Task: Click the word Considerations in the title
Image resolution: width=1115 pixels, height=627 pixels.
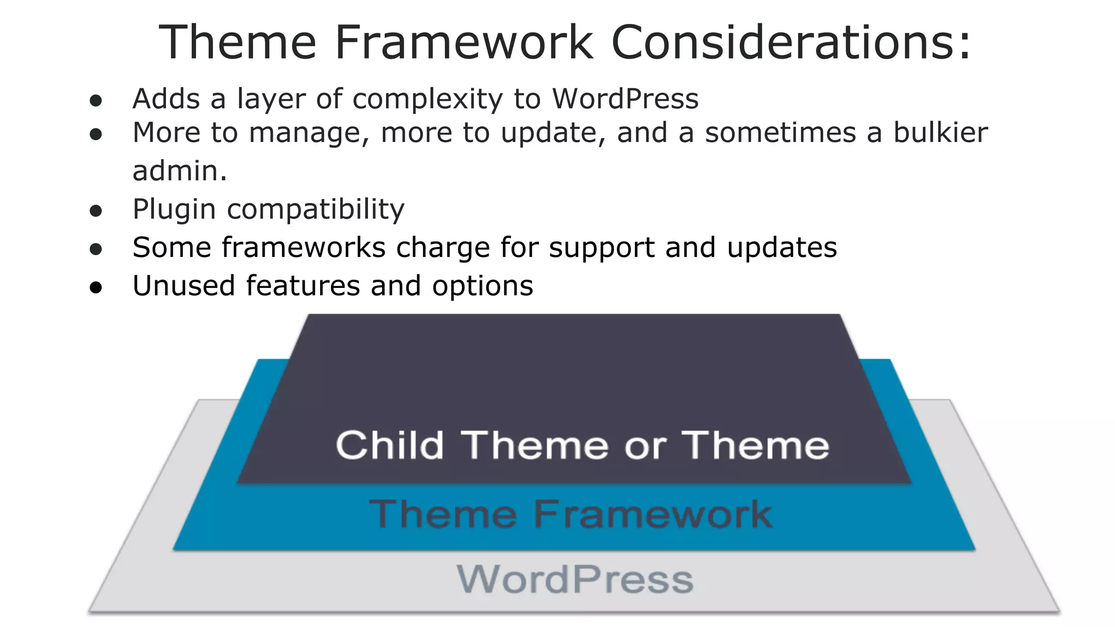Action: [791, 42]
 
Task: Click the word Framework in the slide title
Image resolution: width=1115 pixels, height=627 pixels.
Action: [463, 42]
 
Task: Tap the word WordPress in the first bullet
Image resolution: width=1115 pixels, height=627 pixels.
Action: [625, 99]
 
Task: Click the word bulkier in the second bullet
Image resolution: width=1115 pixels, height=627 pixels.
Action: [940, 133]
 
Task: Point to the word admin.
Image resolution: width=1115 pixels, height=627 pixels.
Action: [179, 171]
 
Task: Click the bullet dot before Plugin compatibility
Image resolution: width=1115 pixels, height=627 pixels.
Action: [96, 211]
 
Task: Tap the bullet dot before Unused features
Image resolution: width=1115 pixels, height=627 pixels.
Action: [96, 288]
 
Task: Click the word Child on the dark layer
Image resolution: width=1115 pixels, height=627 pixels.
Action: [390, 445]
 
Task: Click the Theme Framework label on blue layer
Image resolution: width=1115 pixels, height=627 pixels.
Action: [570, 514]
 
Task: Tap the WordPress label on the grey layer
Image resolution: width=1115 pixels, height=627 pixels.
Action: [575, 580]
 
